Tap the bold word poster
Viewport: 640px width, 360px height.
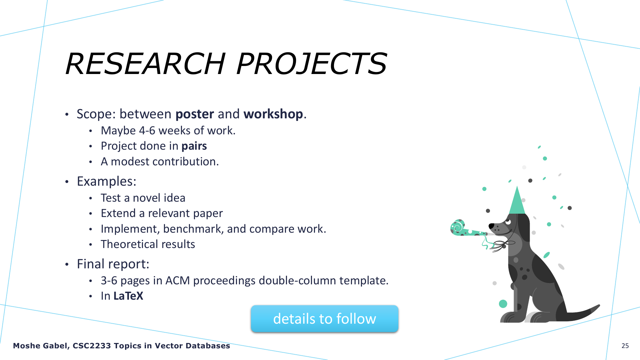click(195, 114)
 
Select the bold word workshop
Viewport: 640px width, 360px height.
click(273, 114)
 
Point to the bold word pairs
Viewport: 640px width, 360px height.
click(194, 146)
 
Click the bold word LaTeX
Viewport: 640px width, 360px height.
click(128, 296)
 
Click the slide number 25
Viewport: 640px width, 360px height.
click(625, 346)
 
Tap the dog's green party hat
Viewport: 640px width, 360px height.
click(517, 201)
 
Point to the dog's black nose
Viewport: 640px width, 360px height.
click(491, 226)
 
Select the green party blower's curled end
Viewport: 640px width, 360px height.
click(457, 227)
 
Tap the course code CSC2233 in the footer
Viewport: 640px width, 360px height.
click(92, 346)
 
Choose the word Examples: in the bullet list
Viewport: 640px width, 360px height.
click(107, 182)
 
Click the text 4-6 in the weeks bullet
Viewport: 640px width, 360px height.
click(147, 131)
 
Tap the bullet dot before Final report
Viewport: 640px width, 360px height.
click(67, 265)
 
